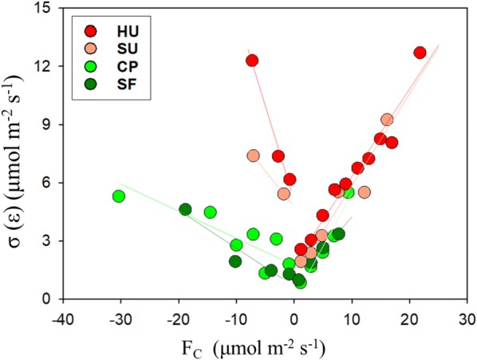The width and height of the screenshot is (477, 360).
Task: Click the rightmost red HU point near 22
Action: click(x=420, y=53)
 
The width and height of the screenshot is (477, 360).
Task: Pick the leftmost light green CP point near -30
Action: click(x=118, y=196)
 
